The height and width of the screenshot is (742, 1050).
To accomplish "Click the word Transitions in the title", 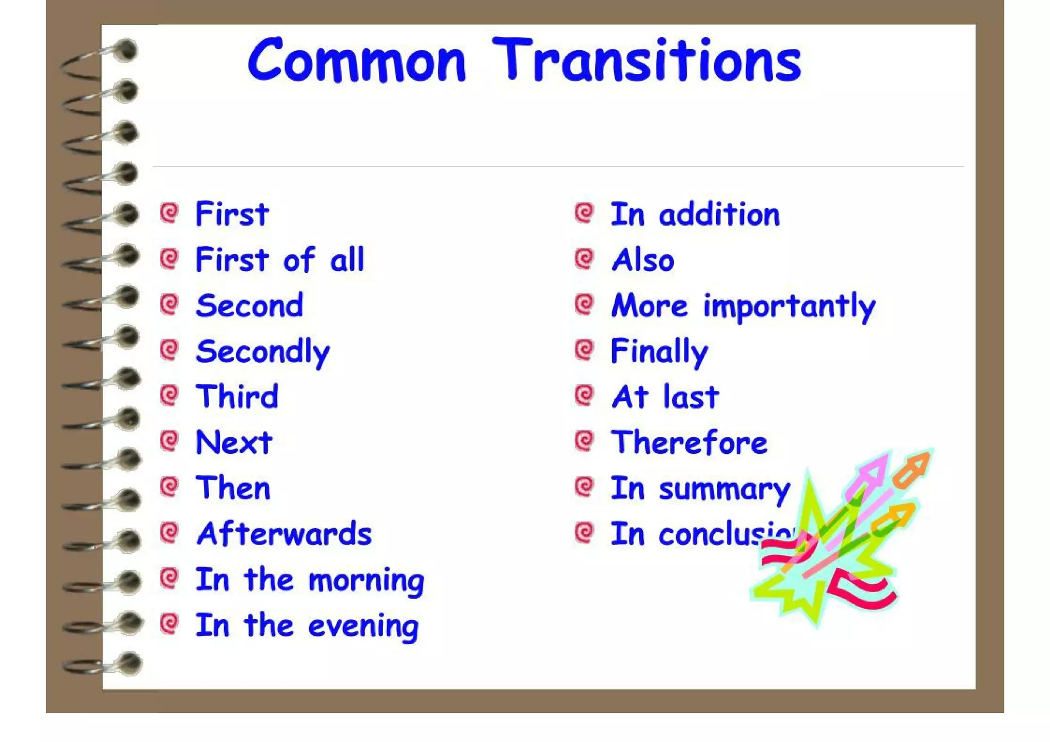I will pyautogui.click(x=647, y=61).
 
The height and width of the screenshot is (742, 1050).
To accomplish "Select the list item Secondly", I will pyautogui.click(x=262, y=352).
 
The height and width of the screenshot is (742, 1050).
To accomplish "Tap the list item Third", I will pyautogui.click(x=237, y=397).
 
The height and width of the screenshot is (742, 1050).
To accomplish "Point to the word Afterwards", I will pyautogui.click(x=284, y=534).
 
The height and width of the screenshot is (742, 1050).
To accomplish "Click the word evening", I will pyautogui.click(x=363, y=627).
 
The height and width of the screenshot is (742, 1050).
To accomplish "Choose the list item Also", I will pyautogui.click(x=643, y=260).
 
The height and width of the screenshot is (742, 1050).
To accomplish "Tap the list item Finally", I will pyautogui.click(x=659, y=352).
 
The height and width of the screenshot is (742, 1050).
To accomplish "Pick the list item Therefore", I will pyautogui.click(x=689, y=443).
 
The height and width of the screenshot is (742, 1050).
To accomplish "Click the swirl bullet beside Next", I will pyautogui.click(x=169, y=440).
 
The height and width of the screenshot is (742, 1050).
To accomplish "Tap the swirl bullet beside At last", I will pyautogui.click(x=584, y=395).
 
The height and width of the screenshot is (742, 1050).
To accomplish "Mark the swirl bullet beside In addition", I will pyautogui.click(x=584, y=213).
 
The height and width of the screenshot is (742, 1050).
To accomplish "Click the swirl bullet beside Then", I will pyautogui.click(x=169, y=486).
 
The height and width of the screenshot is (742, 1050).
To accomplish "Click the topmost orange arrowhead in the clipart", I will pyautogui.click(x=915, y=466).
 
